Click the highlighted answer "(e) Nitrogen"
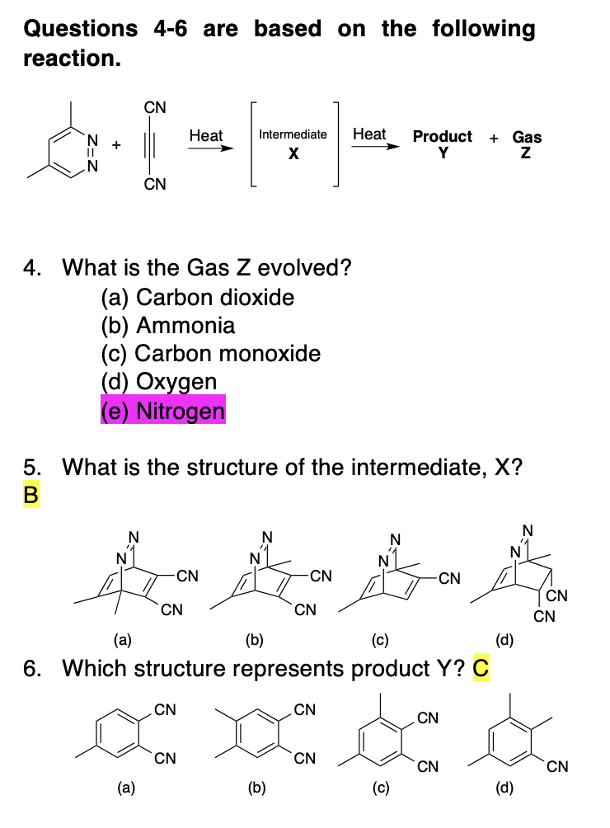[162, 410]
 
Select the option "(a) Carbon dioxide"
[197, 297]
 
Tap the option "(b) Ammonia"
[167, 325]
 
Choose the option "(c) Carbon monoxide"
[210, 353]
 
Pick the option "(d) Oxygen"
[158, 381]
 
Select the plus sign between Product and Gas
[493, 138]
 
